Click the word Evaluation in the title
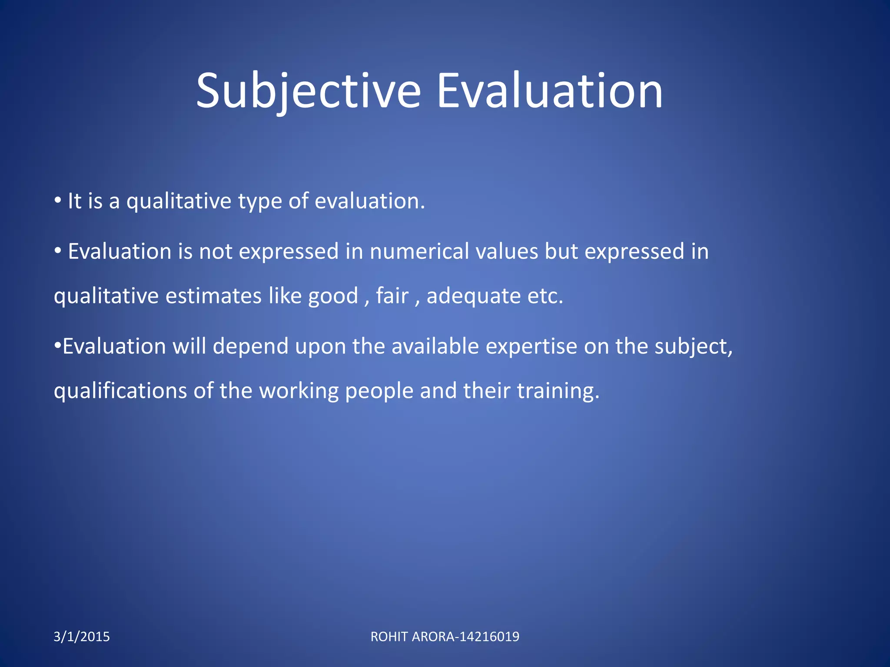tap(549, 91)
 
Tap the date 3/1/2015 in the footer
tap(82, 637)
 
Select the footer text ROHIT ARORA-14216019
tap(445, 637)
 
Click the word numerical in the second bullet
tap(419, 251)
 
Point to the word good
tap(333, 297)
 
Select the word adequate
tap(474, 297)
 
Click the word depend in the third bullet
tap(250, 347)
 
